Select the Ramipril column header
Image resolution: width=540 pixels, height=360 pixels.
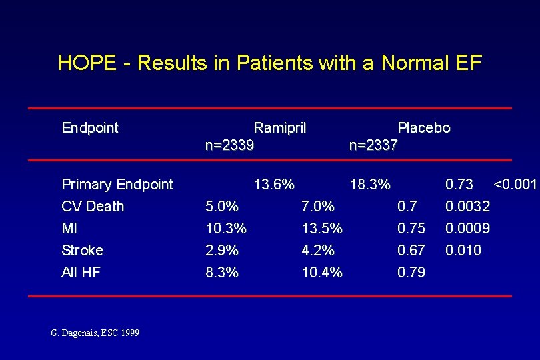280,127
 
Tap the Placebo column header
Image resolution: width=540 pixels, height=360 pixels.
424,127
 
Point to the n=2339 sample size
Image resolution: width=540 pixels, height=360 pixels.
229,145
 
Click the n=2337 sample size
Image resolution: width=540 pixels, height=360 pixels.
373,145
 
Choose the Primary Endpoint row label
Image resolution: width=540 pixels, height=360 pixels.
117,184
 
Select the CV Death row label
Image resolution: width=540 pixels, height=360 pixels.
93,206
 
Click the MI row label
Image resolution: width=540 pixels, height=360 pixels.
69,228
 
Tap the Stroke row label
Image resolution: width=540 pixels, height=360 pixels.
83,250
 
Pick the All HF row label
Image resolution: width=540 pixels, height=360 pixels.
81,272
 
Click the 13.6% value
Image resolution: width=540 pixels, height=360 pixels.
274,184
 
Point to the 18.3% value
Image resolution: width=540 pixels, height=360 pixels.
370,184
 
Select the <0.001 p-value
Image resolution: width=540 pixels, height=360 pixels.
515,184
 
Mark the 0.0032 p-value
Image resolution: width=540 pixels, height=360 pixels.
467,206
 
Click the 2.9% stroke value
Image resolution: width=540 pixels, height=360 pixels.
222,250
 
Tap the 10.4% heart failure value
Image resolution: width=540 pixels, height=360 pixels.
322,272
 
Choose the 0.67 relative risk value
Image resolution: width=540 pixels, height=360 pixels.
411,250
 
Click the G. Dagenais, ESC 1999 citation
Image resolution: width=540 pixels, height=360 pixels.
95,332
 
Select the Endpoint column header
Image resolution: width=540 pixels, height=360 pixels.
90,127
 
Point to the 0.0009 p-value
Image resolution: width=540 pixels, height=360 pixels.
467,228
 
